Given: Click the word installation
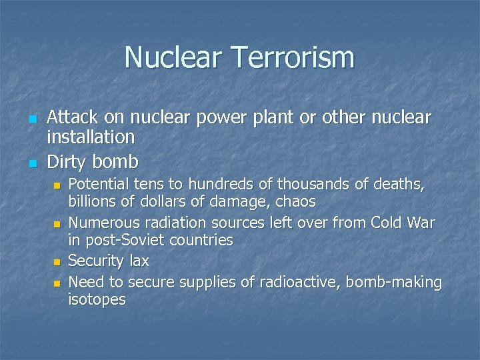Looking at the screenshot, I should coord(91,138).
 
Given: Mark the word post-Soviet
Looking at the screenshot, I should coord(122,240).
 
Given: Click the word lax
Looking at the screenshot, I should coord(138,261).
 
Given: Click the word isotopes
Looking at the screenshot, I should coord(97,299).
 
